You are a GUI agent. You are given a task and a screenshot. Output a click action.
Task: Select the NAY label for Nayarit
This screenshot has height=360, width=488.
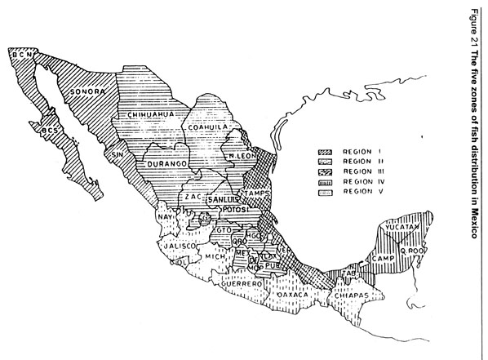(x=163, y=219)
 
